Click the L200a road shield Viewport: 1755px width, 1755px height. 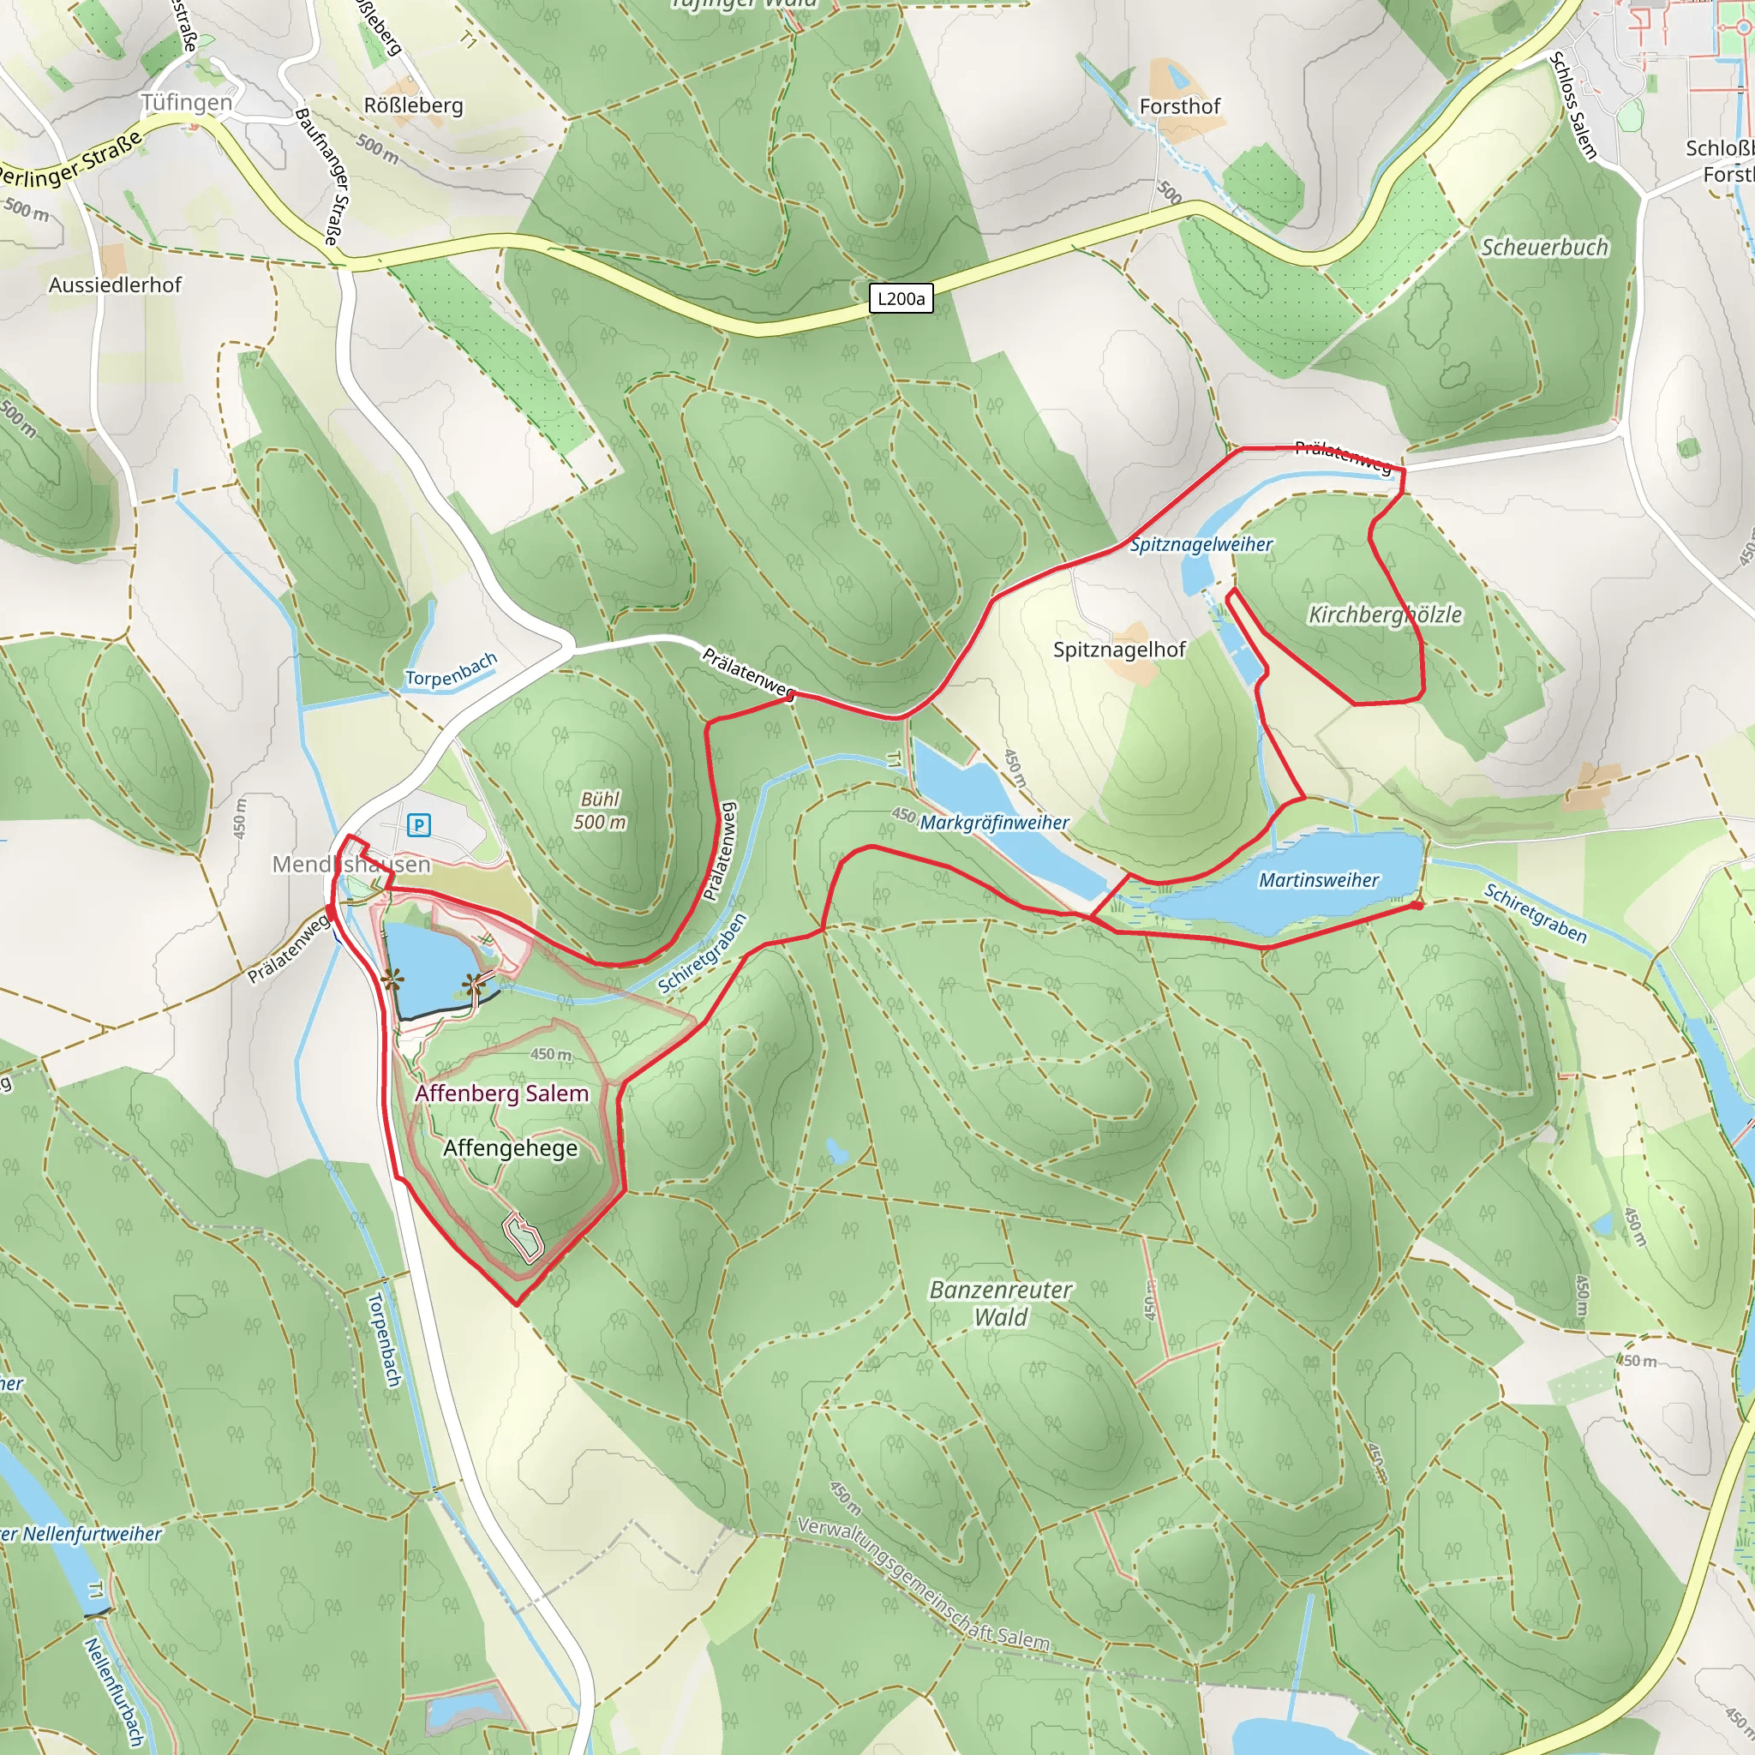(901, 299)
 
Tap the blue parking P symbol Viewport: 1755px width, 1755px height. (419, 825)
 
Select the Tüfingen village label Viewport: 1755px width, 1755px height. (186, 103)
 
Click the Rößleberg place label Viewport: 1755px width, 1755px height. (413, 105)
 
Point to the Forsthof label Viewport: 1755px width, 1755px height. (1179, 106)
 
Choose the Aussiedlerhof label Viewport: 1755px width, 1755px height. (116, 285)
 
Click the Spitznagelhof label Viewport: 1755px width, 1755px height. (1119, 650)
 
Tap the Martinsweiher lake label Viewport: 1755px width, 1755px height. (1318, 879)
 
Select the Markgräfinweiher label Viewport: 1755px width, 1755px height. (994, 822)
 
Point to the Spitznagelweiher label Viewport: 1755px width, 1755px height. (1200, 544)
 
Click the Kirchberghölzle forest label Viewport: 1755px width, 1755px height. (1385, 615)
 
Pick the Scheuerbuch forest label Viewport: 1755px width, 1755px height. (1544, 247)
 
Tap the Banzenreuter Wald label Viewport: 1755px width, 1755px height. (1000, 1303)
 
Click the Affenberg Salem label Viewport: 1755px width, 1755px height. (501, 1093)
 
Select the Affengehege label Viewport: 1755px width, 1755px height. (510, 1148)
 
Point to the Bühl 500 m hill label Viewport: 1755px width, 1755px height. (600, 811)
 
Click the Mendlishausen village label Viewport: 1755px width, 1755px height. (351, 864)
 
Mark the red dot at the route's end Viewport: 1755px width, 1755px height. (1417, 906)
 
